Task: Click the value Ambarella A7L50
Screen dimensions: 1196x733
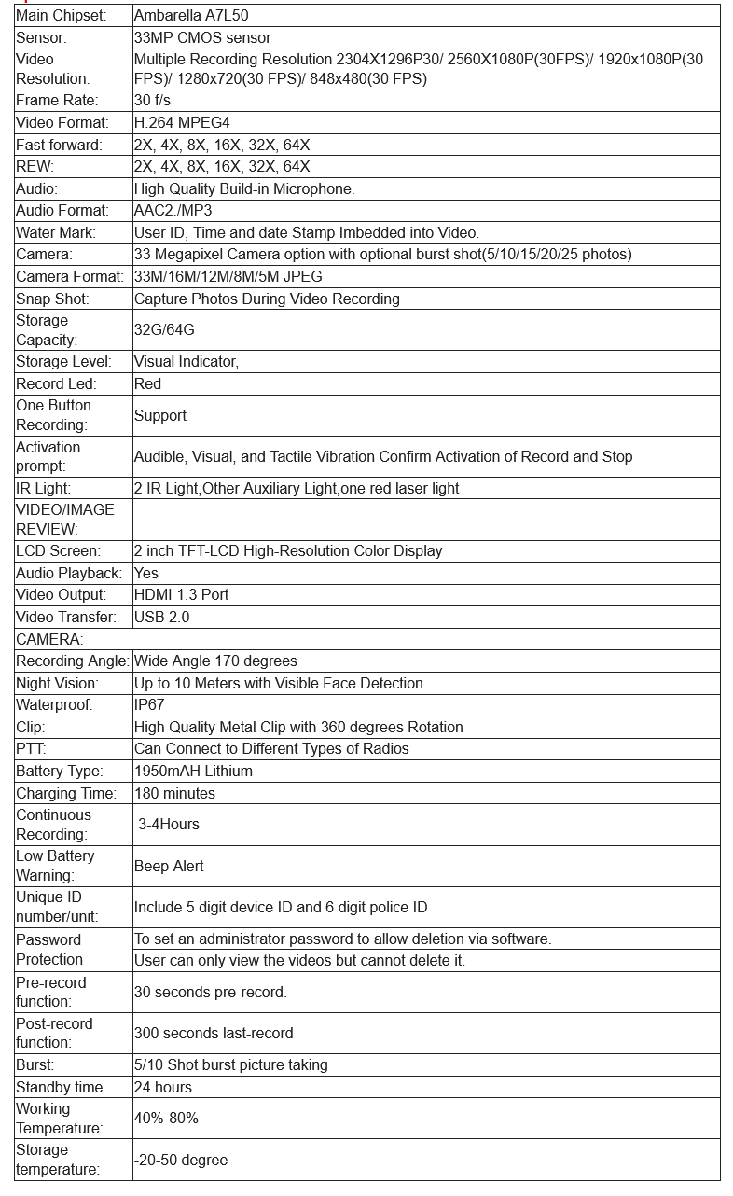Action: (x=191, y=16)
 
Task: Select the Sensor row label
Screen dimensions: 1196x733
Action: (x=41, y=38)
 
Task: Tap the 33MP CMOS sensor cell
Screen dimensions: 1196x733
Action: (x=202, y=38)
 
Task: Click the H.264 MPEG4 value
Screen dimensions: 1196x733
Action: (x=182, y=122)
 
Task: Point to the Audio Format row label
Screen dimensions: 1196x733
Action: (x=62, y=211)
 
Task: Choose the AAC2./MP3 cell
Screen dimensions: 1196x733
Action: (x=173, y=211)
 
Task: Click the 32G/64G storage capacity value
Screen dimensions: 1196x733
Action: (x=164, y=330)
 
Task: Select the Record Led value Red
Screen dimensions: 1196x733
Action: (x=147, y=383)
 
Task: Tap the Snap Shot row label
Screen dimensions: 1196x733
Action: (x=52, y=299)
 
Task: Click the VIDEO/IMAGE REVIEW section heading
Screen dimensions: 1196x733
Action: (x=65, y=519)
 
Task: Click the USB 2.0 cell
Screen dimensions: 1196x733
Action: (x=161, y=617)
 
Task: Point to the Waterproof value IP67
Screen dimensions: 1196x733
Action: (x=148, y=705)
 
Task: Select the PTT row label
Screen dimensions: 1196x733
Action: (x=31, y=748)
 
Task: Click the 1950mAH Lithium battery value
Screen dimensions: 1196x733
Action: (x=193, y=771)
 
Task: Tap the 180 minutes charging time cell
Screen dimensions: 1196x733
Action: (x=174, y=793)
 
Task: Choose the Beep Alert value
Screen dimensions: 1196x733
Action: (x=169, y=866)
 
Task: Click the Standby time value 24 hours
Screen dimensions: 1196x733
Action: (x=163, y=1087)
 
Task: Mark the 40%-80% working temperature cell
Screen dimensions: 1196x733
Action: (x=166, y=1118)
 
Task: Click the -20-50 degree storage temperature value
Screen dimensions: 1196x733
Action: (x=181, y=1160)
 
